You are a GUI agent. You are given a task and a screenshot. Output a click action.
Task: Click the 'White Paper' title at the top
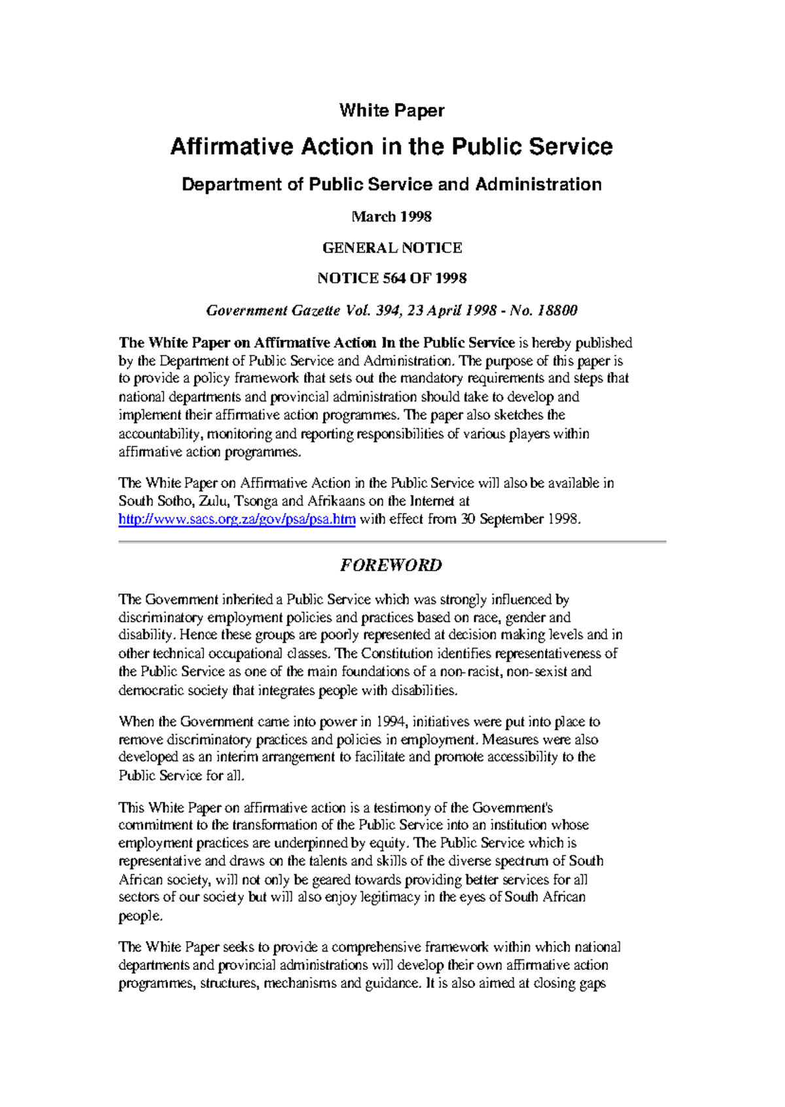[391, 110]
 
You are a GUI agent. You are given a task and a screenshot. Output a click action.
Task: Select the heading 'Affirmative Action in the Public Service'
[391, 146]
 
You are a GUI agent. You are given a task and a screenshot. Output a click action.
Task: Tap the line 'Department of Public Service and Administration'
[391, 184]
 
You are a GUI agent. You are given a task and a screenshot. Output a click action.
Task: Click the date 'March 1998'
[391, 216]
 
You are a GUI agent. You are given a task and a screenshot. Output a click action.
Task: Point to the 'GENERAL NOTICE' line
[392, 248]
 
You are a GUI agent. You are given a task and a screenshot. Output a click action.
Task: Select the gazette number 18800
[557, 310]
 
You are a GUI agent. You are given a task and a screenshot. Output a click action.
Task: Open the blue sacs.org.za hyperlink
[237, 520]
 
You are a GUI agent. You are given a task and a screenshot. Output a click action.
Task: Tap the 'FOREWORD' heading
[391, 565]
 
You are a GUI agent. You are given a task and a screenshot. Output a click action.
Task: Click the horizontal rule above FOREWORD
[391, 542]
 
